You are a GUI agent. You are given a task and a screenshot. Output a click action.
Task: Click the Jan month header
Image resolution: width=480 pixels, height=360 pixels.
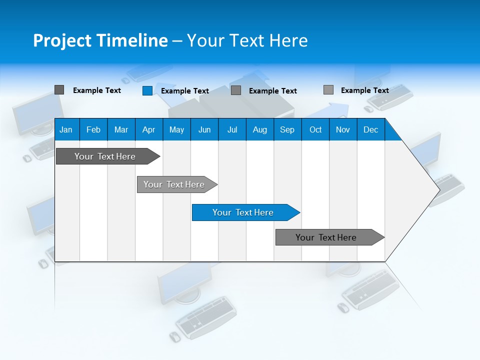tap(66, 129)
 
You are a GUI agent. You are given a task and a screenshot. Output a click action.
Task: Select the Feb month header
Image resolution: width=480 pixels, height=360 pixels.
tap(93, 129)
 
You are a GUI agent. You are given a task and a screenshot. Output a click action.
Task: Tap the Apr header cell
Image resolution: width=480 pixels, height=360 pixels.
tap(149, 129)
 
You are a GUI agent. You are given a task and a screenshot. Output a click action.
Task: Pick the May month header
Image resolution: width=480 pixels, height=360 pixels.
tap(176, 129)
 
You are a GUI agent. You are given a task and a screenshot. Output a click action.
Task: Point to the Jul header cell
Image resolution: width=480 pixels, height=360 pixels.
tap(232, 129)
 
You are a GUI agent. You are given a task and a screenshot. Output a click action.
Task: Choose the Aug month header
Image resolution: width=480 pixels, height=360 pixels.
tap(260, 129)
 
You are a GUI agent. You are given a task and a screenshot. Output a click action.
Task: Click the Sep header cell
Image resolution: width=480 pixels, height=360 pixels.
tap(287, 129)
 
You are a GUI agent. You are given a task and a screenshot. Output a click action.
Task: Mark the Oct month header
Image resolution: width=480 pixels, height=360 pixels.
tap(315, 129)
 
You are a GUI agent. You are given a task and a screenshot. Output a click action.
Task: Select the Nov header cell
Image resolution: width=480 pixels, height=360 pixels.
tap(343, 129)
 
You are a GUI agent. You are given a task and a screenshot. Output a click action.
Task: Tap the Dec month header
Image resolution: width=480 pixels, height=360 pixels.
tap(371, 129)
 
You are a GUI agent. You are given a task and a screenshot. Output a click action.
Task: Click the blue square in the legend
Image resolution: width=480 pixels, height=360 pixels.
tap(147, 90)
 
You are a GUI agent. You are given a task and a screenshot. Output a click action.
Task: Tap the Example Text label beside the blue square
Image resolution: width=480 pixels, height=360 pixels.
tap(185, 91)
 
